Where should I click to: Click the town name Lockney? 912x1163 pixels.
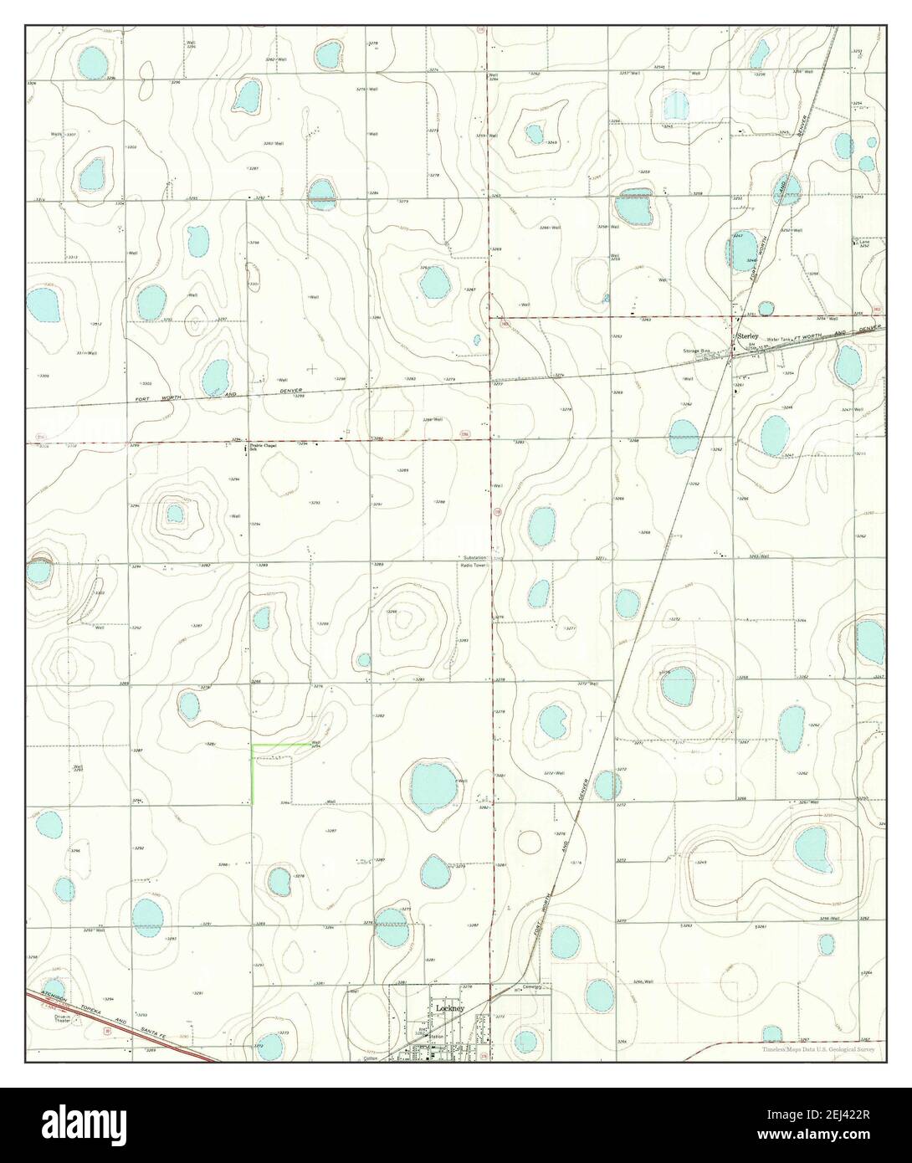tap(449, 1009)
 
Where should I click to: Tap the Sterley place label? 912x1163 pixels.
tap(746, 336)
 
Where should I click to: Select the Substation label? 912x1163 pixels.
tap(475, 557)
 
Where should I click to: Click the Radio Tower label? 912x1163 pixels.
tap(474, 566)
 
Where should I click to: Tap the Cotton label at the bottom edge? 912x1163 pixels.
tap(371, 1058)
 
